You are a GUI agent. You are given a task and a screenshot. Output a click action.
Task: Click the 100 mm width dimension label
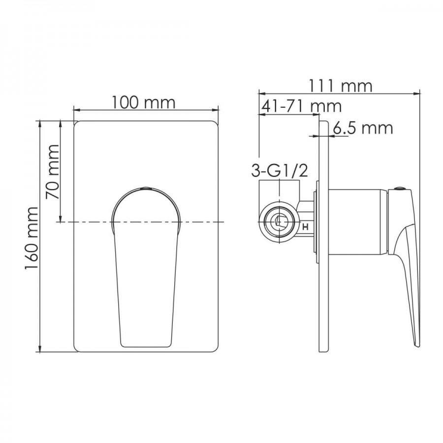pyautogui.click(x=144, y=102)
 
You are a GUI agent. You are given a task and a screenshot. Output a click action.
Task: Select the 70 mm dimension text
pyautogui.click(x=53, y=172)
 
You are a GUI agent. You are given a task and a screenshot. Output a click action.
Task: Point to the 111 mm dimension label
pyautogui.click(x=340, y=86)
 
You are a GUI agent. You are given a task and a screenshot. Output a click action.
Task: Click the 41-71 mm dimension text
pyautogui.click(x=302, y=106)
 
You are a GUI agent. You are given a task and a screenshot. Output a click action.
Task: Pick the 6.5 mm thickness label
pyautogui.click(x=363, y=128)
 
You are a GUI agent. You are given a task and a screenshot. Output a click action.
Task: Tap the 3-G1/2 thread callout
pyautogui.click(x=280, y=171)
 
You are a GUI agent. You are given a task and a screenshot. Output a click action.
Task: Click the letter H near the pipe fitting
pyautogui.click(x=305, y=226)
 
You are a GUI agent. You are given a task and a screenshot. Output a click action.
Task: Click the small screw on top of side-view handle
pyautogui.click(x=400, y=189)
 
